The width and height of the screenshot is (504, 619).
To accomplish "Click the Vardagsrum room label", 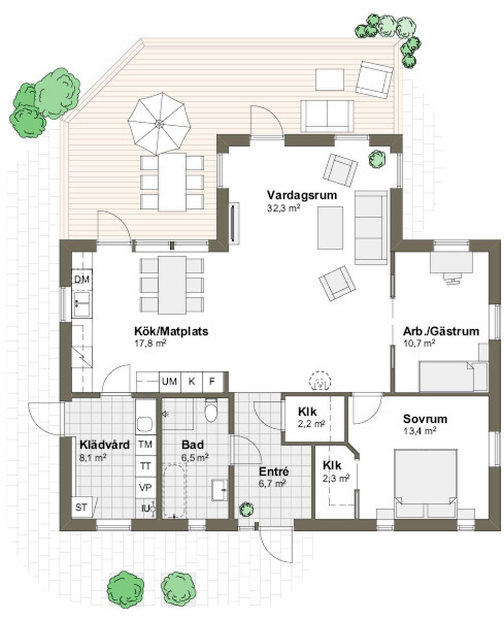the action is pyautogui.click(x=302, y=195).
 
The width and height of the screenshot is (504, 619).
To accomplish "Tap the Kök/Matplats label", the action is pyautogui.click(x=171, y=331).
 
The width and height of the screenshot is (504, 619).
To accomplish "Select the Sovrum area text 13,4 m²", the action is pyautogui.click(x=419, y=431).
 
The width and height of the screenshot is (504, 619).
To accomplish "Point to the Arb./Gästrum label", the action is pyautogui.click(x=441, y=331).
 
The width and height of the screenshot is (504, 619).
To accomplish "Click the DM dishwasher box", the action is pyautogui.click(x=82, y=279).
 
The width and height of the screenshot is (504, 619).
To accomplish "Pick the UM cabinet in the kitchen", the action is pyautogui.click(x=170, y=381).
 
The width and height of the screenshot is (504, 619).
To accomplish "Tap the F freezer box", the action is pyautogui.click(x=212, y=381).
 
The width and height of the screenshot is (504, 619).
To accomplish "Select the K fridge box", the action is pyautogui.click(x=192, y=381).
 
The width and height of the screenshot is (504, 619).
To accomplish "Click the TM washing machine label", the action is pyautogui.click(x=145, y=445).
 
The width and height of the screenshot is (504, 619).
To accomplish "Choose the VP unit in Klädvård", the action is pyautogui.click(x=145, y=487).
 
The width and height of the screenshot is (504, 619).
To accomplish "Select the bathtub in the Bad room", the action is pyautogui.click(x=175, y=490).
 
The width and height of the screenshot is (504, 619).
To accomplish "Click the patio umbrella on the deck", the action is pyautogui.click(x=159, y=124).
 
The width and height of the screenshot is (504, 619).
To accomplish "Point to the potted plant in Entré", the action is pyautogui.click(x=246, y=510).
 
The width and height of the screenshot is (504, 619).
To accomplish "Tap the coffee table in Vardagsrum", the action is pyautogui.click(x=330, y=228).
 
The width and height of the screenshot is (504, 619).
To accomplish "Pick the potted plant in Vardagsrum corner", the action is pyautogui.click(x=377, y=159).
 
